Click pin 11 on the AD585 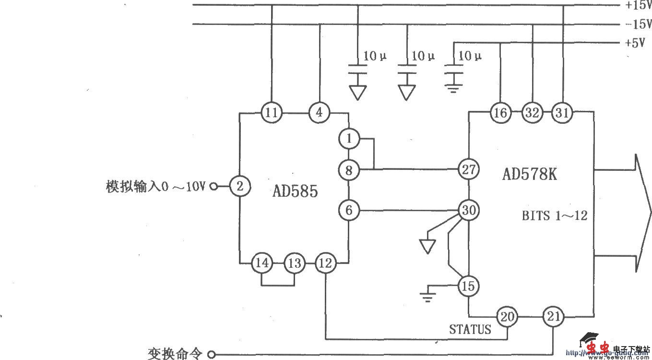coord(272,113)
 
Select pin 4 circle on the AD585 coord(320,113)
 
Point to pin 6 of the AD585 coord(349,210)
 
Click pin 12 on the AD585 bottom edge coord(325,263)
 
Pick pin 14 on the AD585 coord(262,263)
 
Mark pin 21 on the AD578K coord(553,316)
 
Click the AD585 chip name coord(295,192)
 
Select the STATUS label coord(470,329)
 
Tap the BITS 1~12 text coord(555,216)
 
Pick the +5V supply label coord(634,43)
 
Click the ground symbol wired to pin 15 coord(427,293)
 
